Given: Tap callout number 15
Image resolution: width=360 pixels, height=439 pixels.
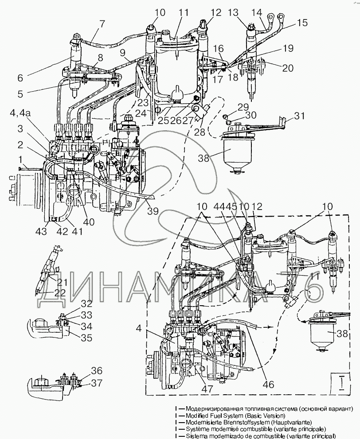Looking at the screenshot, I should (301, 22).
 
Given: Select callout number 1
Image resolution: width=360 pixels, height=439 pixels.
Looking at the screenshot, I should (20, 158).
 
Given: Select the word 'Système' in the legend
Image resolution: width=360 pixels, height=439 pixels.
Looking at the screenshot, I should (200, 429).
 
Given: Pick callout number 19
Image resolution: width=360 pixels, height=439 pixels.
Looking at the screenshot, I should (289, 48).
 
